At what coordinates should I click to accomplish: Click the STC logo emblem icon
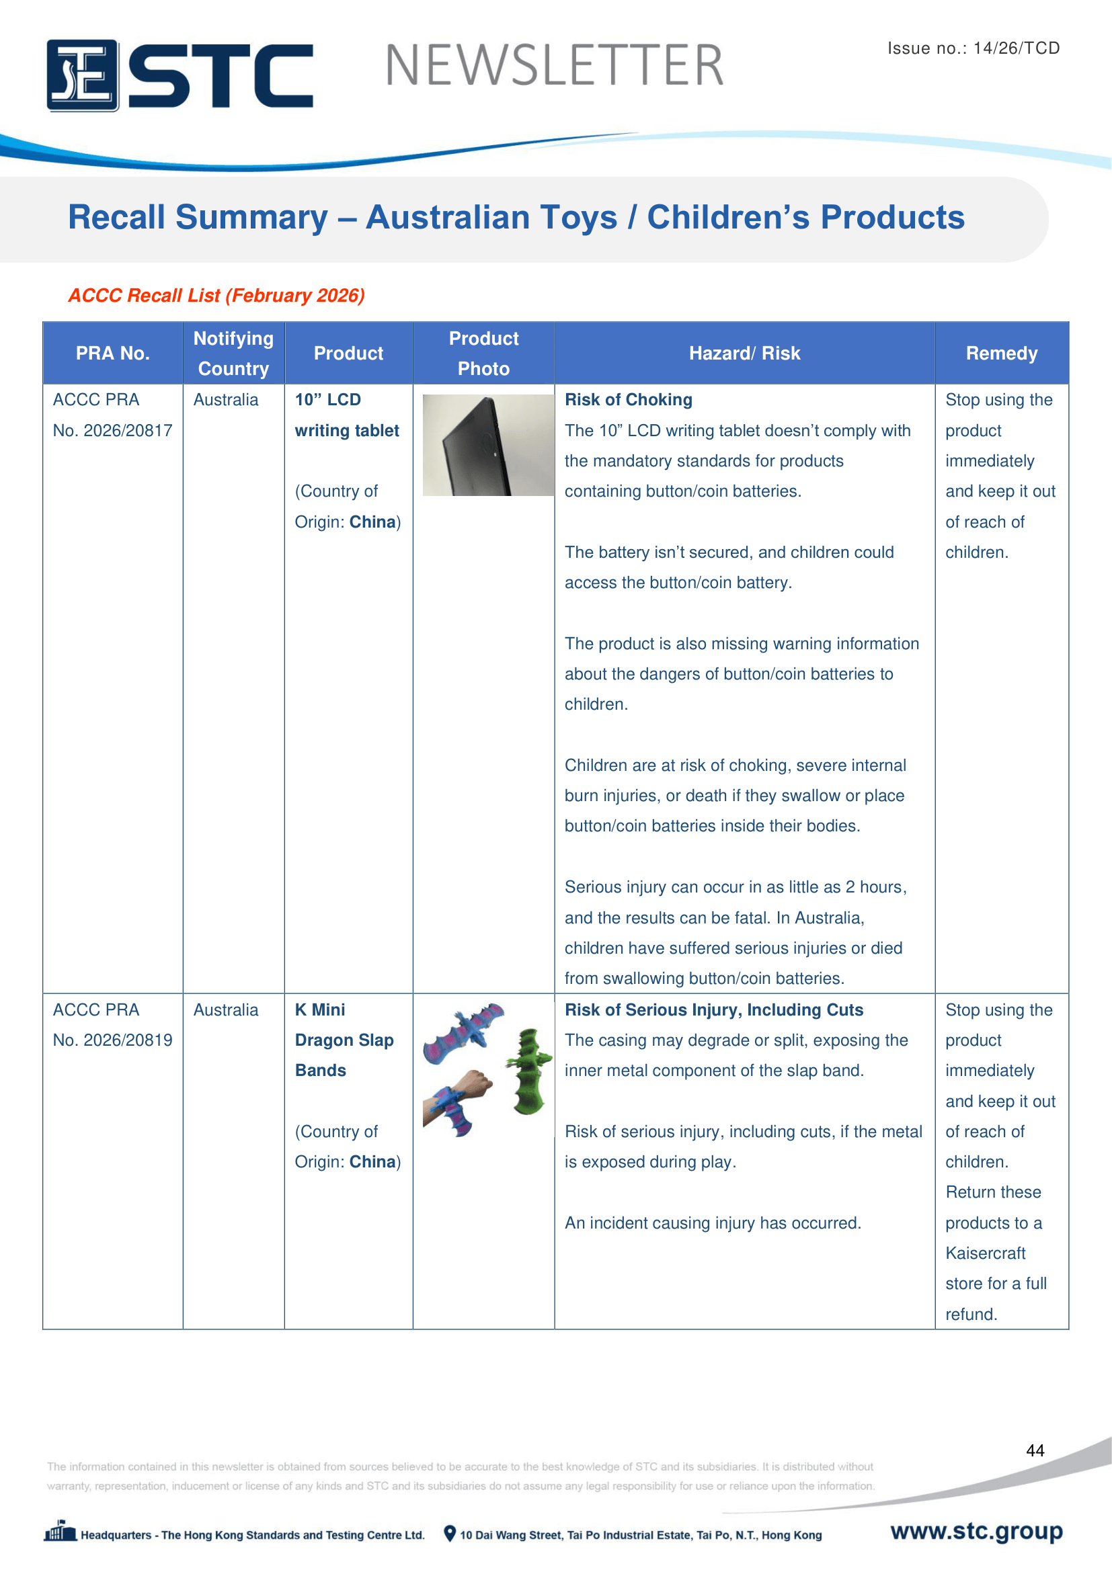point(82,75)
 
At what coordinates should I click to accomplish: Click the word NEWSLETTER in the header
point(554,66)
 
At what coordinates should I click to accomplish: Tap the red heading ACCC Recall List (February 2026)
point(216,295)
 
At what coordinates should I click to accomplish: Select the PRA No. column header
point(112,354)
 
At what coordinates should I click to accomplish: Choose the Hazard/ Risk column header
point(744,354)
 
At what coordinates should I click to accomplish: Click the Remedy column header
point(1001,354)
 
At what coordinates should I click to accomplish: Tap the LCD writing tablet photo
point(487,445)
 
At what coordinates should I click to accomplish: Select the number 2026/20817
point(128,431)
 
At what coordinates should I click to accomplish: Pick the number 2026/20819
point(128,1040)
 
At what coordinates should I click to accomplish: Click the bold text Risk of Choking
point(628,400)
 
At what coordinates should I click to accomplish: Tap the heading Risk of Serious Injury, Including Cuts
point(713,1010)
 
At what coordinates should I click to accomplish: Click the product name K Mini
point(320,1010)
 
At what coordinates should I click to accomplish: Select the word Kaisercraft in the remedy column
point(986,1253)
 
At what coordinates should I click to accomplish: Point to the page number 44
point(1035,1450)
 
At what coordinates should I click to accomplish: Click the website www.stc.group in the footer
point(976,1530)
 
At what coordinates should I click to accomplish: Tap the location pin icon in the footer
point(449,1534)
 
